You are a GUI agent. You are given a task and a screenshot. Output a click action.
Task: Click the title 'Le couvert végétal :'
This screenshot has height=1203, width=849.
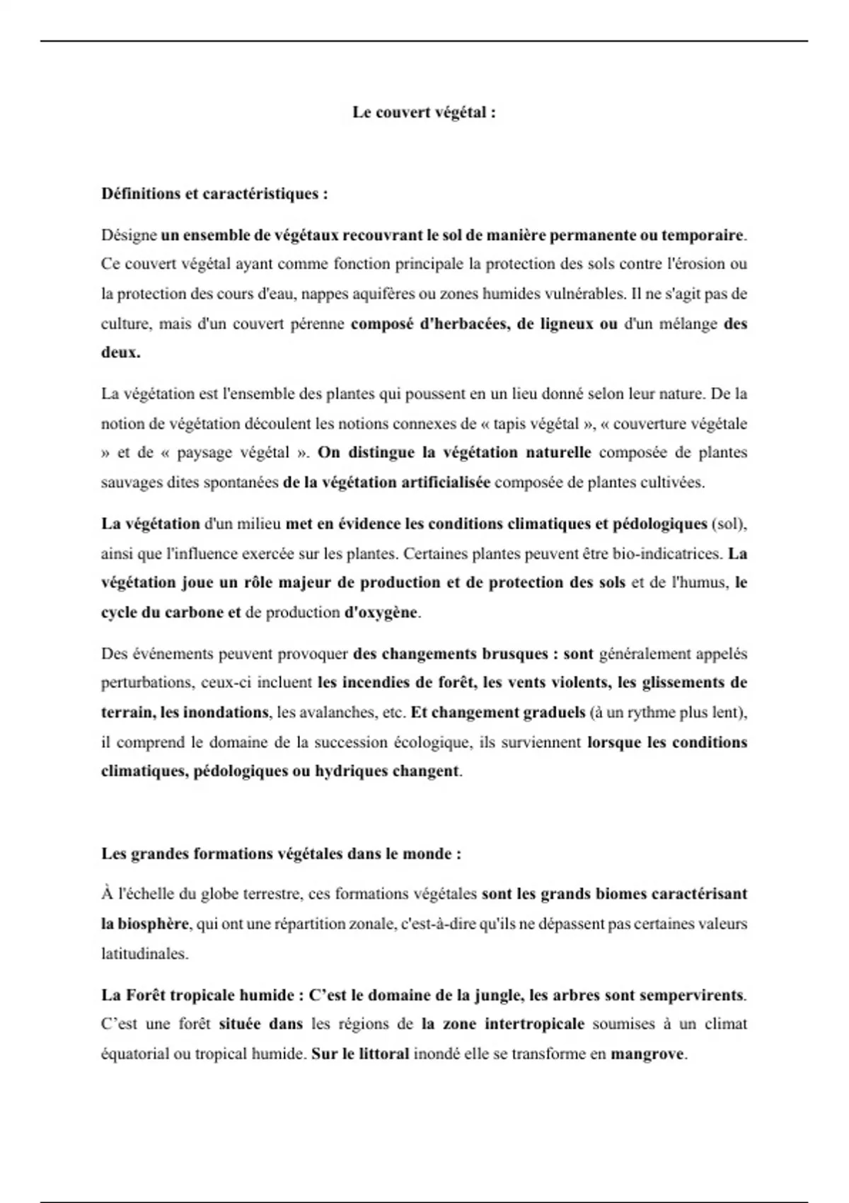[x=424, y=113]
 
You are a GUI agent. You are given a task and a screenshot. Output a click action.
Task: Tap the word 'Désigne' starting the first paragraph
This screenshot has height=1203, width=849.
[x=128, y=235]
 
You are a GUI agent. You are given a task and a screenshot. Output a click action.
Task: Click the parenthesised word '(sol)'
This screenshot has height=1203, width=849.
[x=729, y=524]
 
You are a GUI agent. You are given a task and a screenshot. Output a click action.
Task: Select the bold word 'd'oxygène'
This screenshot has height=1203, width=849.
[x=381, y=613]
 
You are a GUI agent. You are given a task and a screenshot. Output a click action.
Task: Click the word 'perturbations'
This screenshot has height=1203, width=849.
[x=146, y=683]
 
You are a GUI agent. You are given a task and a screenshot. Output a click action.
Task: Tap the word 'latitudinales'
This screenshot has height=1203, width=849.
[x=144, y=954]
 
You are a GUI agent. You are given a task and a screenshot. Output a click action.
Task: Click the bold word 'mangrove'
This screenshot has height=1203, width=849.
[x=647, y=1054]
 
